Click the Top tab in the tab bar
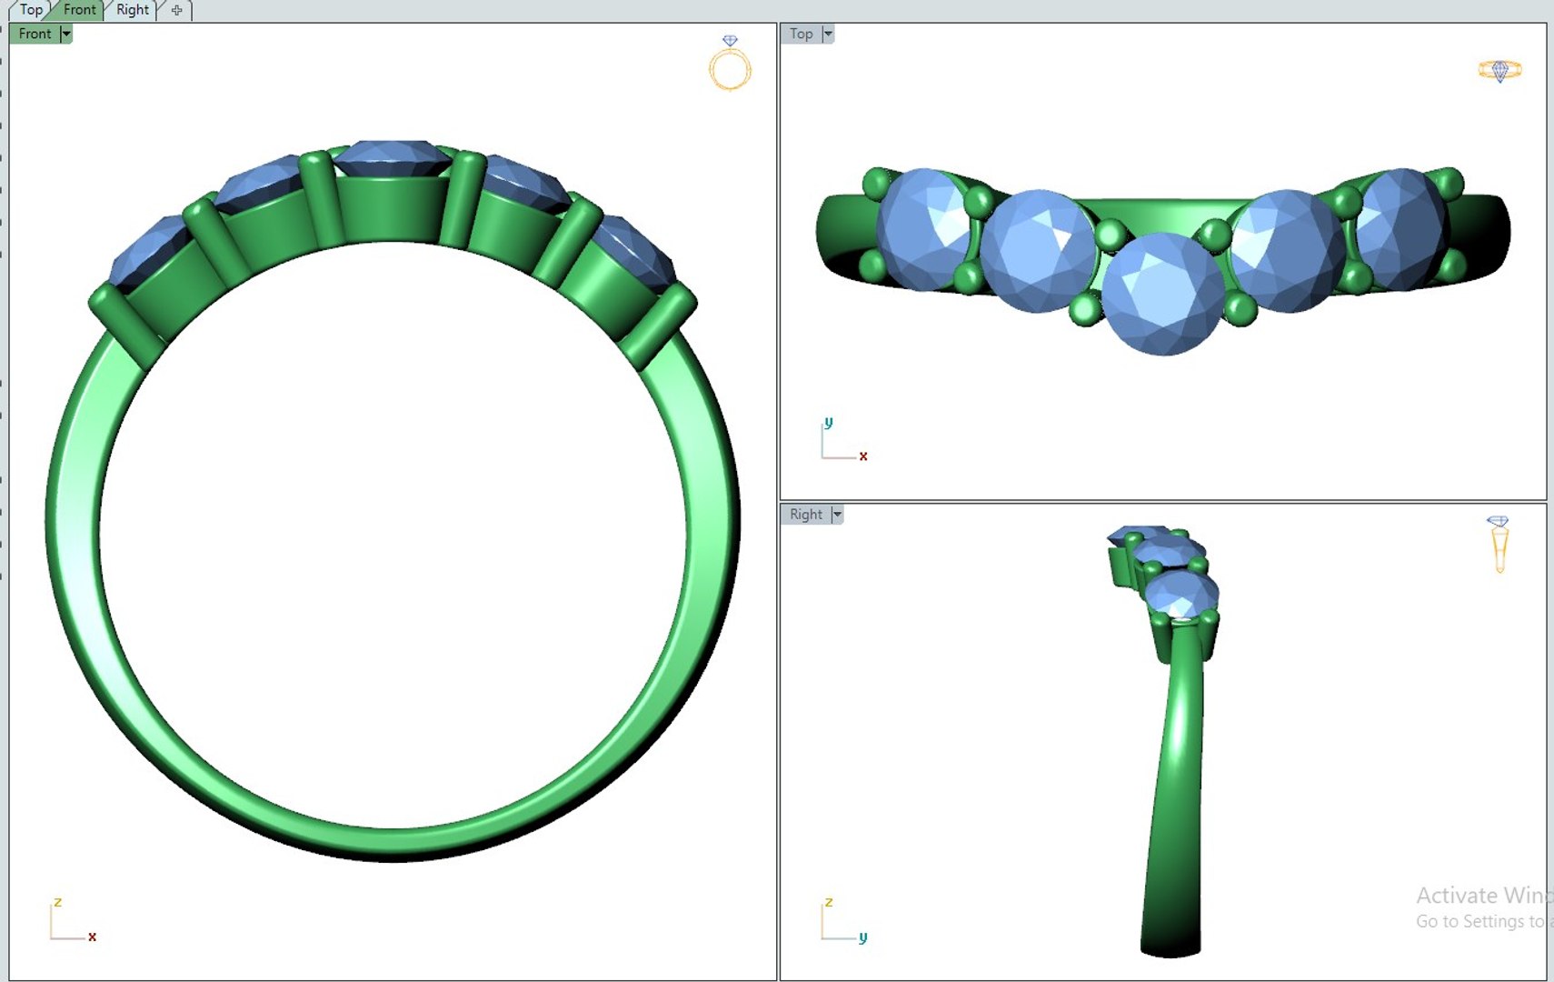(31, 10)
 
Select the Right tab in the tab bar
(132, 10)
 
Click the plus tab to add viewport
(176, 10)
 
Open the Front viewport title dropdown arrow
(65, 34)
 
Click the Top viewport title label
(801, 34)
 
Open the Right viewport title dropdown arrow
(837, 515)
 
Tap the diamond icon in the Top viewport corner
(1499, 70)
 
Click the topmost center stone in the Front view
(393, 156)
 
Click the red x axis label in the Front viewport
(92, 937)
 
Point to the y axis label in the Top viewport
(828, 423)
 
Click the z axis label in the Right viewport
(828, 902)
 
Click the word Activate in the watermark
(1456, 896)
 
